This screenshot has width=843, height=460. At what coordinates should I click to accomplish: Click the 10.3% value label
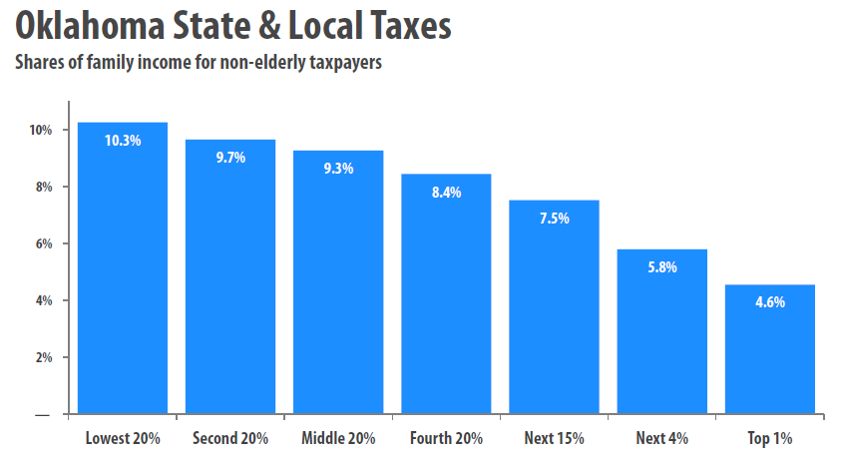coord(123,141)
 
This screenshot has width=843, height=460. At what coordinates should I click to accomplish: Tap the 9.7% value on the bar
coord(230,157)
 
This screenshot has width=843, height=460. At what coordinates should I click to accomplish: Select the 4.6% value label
coord(770,301)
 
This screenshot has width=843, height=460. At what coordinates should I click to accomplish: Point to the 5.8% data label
coord(661,266)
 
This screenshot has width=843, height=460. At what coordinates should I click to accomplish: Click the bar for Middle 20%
coord(338,282)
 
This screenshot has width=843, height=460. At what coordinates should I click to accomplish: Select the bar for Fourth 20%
coord(446,293)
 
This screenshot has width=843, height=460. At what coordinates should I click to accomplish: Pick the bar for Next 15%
coord(555,306)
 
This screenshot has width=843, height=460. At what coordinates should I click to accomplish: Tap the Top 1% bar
coord(770,349)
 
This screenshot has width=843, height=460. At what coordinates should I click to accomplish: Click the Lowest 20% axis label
coord(123,438)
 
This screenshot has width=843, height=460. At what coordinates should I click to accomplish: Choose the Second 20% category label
coord(230,438)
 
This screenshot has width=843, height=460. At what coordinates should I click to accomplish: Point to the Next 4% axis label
coord(661,438)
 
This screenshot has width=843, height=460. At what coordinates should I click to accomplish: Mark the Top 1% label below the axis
coord(770,438)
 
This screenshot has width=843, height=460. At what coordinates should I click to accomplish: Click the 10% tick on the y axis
coord(41,130)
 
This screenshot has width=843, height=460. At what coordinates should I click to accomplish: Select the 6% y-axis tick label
coord(44,243)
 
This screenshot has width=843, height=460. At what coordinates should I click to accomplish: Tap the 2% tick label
coord(44,357)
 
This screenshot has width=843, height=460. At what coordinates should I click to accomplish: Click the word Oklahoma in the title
coord(90,25)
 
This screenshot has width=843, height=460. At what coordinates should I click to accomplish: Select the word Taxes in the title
coord(410,26)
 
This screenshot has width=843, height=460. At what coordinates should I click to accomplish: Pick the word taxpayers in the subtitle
coord(346,63)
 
